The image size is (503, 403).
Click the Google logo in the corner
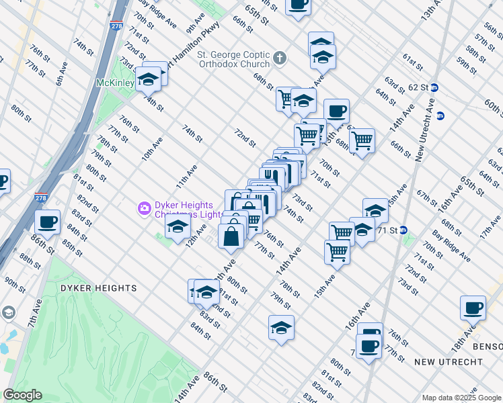tap(22, 395)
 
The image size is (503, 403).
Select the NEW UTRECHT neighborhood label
tap(449, 362)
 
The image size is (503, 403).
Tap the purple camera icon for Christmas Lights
tap(144, 208)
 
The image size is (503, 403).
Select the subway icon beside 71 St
tap(403, 230)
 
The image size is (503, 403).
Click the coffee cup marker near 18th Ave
tap(473, 308)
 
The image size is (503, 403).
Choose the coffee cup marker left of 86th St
tap(47, 222)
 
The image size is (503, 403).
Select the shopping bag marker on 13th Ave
tap(232, 236)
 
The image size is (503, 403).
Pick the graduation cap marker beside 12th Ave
tap(177, 228)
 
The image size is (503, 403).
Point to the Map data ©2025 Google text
tap(461, 398)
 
